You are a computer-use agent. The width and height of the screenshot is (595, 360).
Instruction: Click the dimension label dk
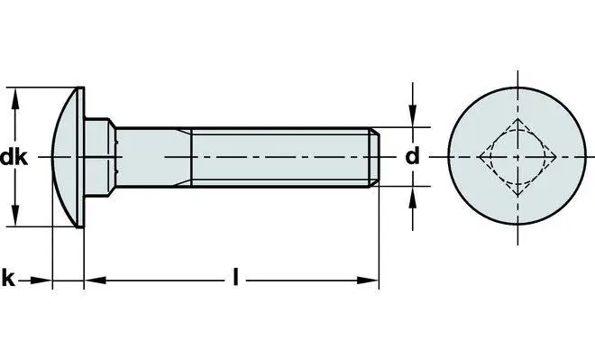(14, 157)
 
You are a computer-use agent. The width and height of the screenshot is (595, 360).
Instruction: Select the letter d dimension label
(413, 156)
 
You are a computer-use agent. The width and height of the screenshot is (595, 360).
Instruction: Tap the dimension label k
(8, 279)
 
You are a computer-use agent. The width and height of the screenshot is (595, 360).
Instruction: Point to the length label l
(235, 277)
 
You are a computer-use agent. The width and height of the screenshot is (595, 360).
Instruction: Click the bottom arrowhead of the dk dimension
(15, 215)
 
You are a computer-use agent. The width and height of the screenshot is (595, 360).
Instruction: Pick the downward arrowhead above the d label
(413, 115)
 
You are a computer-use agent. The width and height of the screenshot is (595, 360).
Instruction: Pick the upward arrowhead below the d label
(413, 198)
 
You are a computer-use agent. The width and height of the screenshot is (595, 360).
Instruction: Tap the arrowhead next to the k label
(41, 281)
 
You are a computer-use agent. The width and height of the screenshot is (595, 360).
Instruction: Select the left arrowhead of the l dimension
(95, 281)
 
